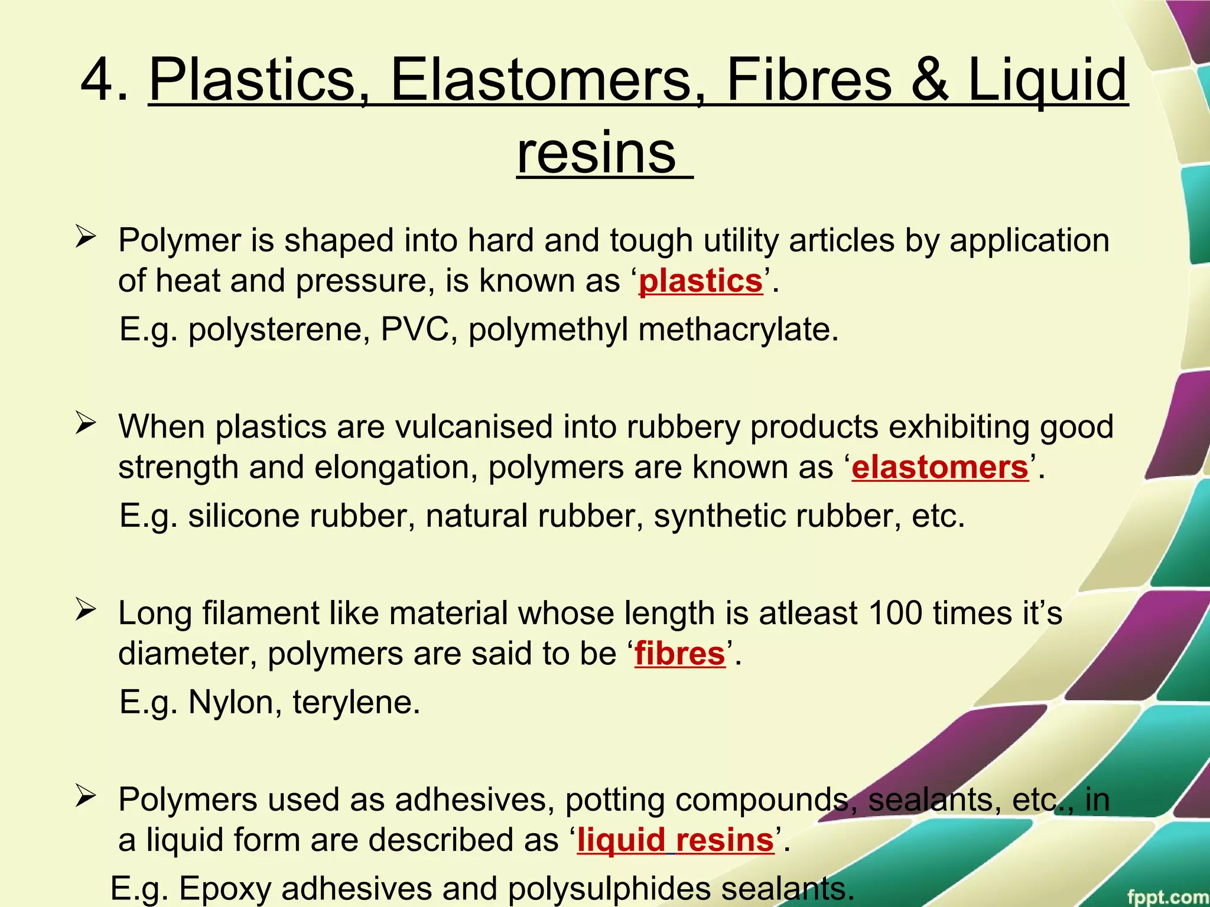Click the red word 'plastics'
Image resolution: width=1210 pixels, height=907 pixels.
coord(701,281)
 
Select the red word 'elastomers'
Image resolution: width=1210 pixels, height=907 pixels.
coord(940,468)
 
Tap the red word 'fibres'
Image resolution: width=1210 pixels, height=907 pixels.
coord(679,654)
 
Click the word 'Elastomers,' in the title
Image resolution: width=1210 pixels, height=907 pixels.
coord(540,80)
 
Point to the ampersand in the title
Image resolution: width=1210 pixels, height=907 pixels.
coord(929,80)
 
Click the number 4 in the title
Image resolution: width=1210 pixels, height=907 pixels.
coord(97,80)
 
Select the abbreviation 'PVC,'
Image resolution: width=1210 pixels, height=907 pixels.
coord(419,329)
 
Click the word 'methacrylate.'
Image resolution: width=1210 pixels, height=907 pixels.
coord(739,329)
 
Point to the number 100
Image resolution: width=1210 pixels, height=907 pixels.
coord(895,613)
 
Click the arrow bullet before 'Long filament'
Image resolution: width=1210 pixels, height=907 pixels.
coord(86,611)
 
